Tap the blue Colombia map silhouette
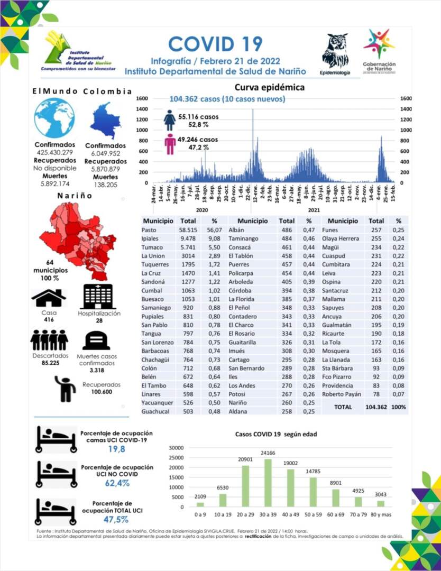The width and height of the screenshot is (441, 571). [x=105, y=121]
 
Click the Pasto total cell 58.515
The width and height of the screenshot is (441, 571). [x=188, y=230]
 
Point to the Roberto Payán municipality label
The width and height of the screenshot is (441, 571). [x=342, y=394]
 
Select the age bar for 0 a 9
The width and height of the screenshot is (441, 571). [x=200, y=504]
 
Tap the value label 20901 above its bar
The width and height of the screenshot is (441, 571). [x=245, y=459]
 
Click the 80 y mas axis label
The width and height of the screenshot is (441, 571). [x=380, y=513]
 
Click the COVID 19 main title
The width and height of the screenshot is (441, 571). [x=215, y=44]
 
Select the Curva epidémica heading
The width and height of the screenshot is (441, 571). [x=270, y=87]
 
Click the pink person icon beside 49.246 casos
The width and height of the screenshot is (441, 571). [x=170, y=144]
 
